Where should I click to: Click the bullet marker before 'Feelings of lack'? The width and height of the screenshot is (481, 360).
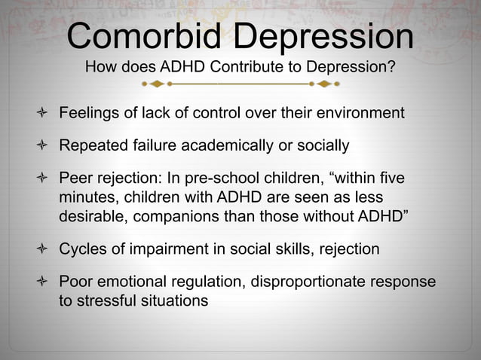coord(43,114)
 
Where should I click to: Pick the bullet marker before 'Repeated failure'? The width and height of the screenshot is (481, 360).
coord(43,145)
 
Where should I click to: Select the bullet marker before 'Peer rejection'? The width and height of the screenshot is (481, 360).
coord(43,179)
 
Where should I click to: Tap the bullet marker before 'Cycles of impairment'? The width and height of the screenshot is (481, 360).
coord(43,249)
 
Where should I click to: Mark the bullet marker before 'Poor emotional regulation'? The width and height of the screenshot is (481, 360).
coord(43,282)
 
